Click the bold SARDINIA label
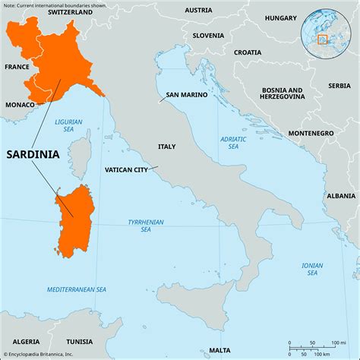tap(33, 153)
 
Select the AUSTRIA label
tap(198, 10)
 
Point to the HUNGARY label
tap(281, 17)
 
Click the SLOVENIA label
tap(208, 35)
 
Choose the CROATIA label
tap(247, 52)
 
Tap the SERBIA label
tap(339, 86)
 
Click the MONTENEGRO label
tap(311, 133)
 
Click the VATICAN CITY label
tap(126, 170)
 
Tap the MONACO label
tap(20, 103)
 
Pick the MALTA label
tap(220, 350)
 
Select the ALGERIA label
tap(25, 343)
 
